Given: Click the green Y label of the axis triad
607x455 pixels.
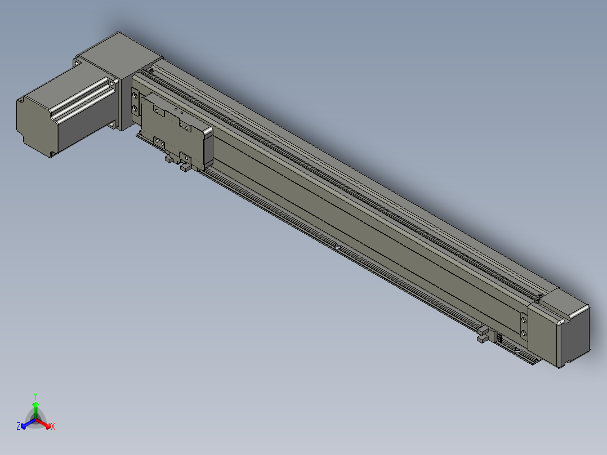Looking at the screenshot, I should (35, 396).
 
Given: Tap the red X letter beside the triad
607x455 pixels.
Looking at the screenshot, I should (53, 427).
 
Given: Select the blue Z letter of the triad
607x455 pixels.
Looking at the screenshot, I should (19, 427).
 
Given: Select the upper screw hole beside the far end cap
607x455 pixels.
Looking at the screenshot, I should (524, 320).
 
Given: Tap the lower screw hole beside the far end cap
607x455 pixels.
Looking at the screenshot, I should (524, 333).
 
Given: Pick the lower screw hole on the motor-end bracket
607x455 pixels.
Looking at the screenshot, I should (135, 109).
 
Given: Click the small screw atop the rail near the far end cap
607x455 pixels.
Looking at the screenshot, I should (539, 295).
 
